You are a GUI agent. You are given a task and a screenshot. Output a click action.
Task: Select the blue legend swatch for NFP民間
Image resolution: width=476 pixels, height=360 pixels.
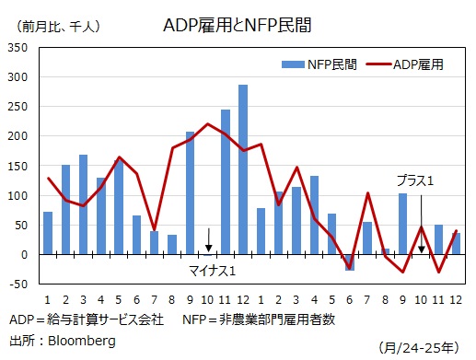pyautogui.click(x=295, y=64)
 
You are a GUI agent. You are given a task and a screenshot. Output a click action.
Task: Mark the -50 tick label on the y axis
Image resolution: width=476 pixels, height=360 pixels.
pyautogui.click(x=18, y=284)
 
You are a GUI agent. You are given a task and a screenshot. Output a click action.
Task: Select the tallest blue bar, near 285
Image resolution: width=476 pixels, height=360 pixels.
pyautogui.click(x=243, y=169)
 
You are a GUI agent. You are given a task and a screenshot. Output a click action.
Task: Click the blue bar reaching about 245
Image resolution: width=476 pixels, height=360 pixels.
pyautogui.click(x=226, y=181)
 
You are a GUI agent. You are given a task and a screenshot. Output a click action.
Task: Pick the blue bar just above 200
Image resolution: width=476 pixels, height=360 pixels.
pyautogui.click(x=190, y=192)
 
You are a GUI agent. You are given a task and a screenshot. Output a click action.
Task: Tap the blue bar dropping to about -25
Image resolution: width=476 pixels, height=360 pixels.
pyautogui.click(x=349, y=261)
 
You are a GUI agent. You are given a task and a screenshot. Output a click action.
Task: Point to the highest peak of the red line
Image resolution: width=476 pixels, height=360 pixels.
pyautogui.click(x=207, y=124)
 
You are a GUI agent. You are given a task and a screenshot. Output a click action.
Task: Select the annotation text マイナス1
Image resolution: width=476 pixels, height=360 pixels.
pyautogui.click(x=212, y=271)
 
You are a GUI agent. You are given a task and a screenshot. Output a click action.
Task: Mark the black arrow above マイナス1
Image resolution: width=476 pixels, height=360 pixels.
pyautogui.click(x=208, y=240)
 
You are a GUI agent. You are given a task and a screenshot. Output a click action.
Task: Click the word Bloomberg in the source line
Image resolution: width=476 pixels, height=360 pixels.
pyautogui.click(x=82, y=341)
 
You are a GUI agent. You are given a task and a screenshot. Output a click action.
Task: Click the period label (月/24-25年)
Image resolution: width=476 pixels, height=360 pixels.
pyautogui.click(x=419, y=346)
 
